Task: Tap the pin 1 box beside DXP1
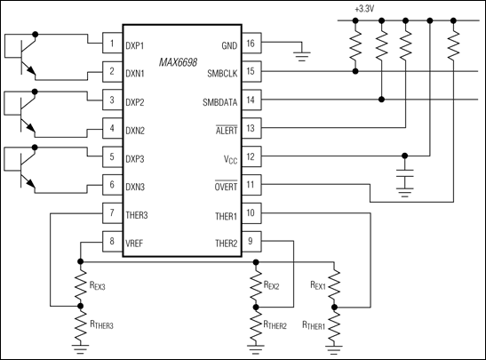(x=112, y=43)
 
